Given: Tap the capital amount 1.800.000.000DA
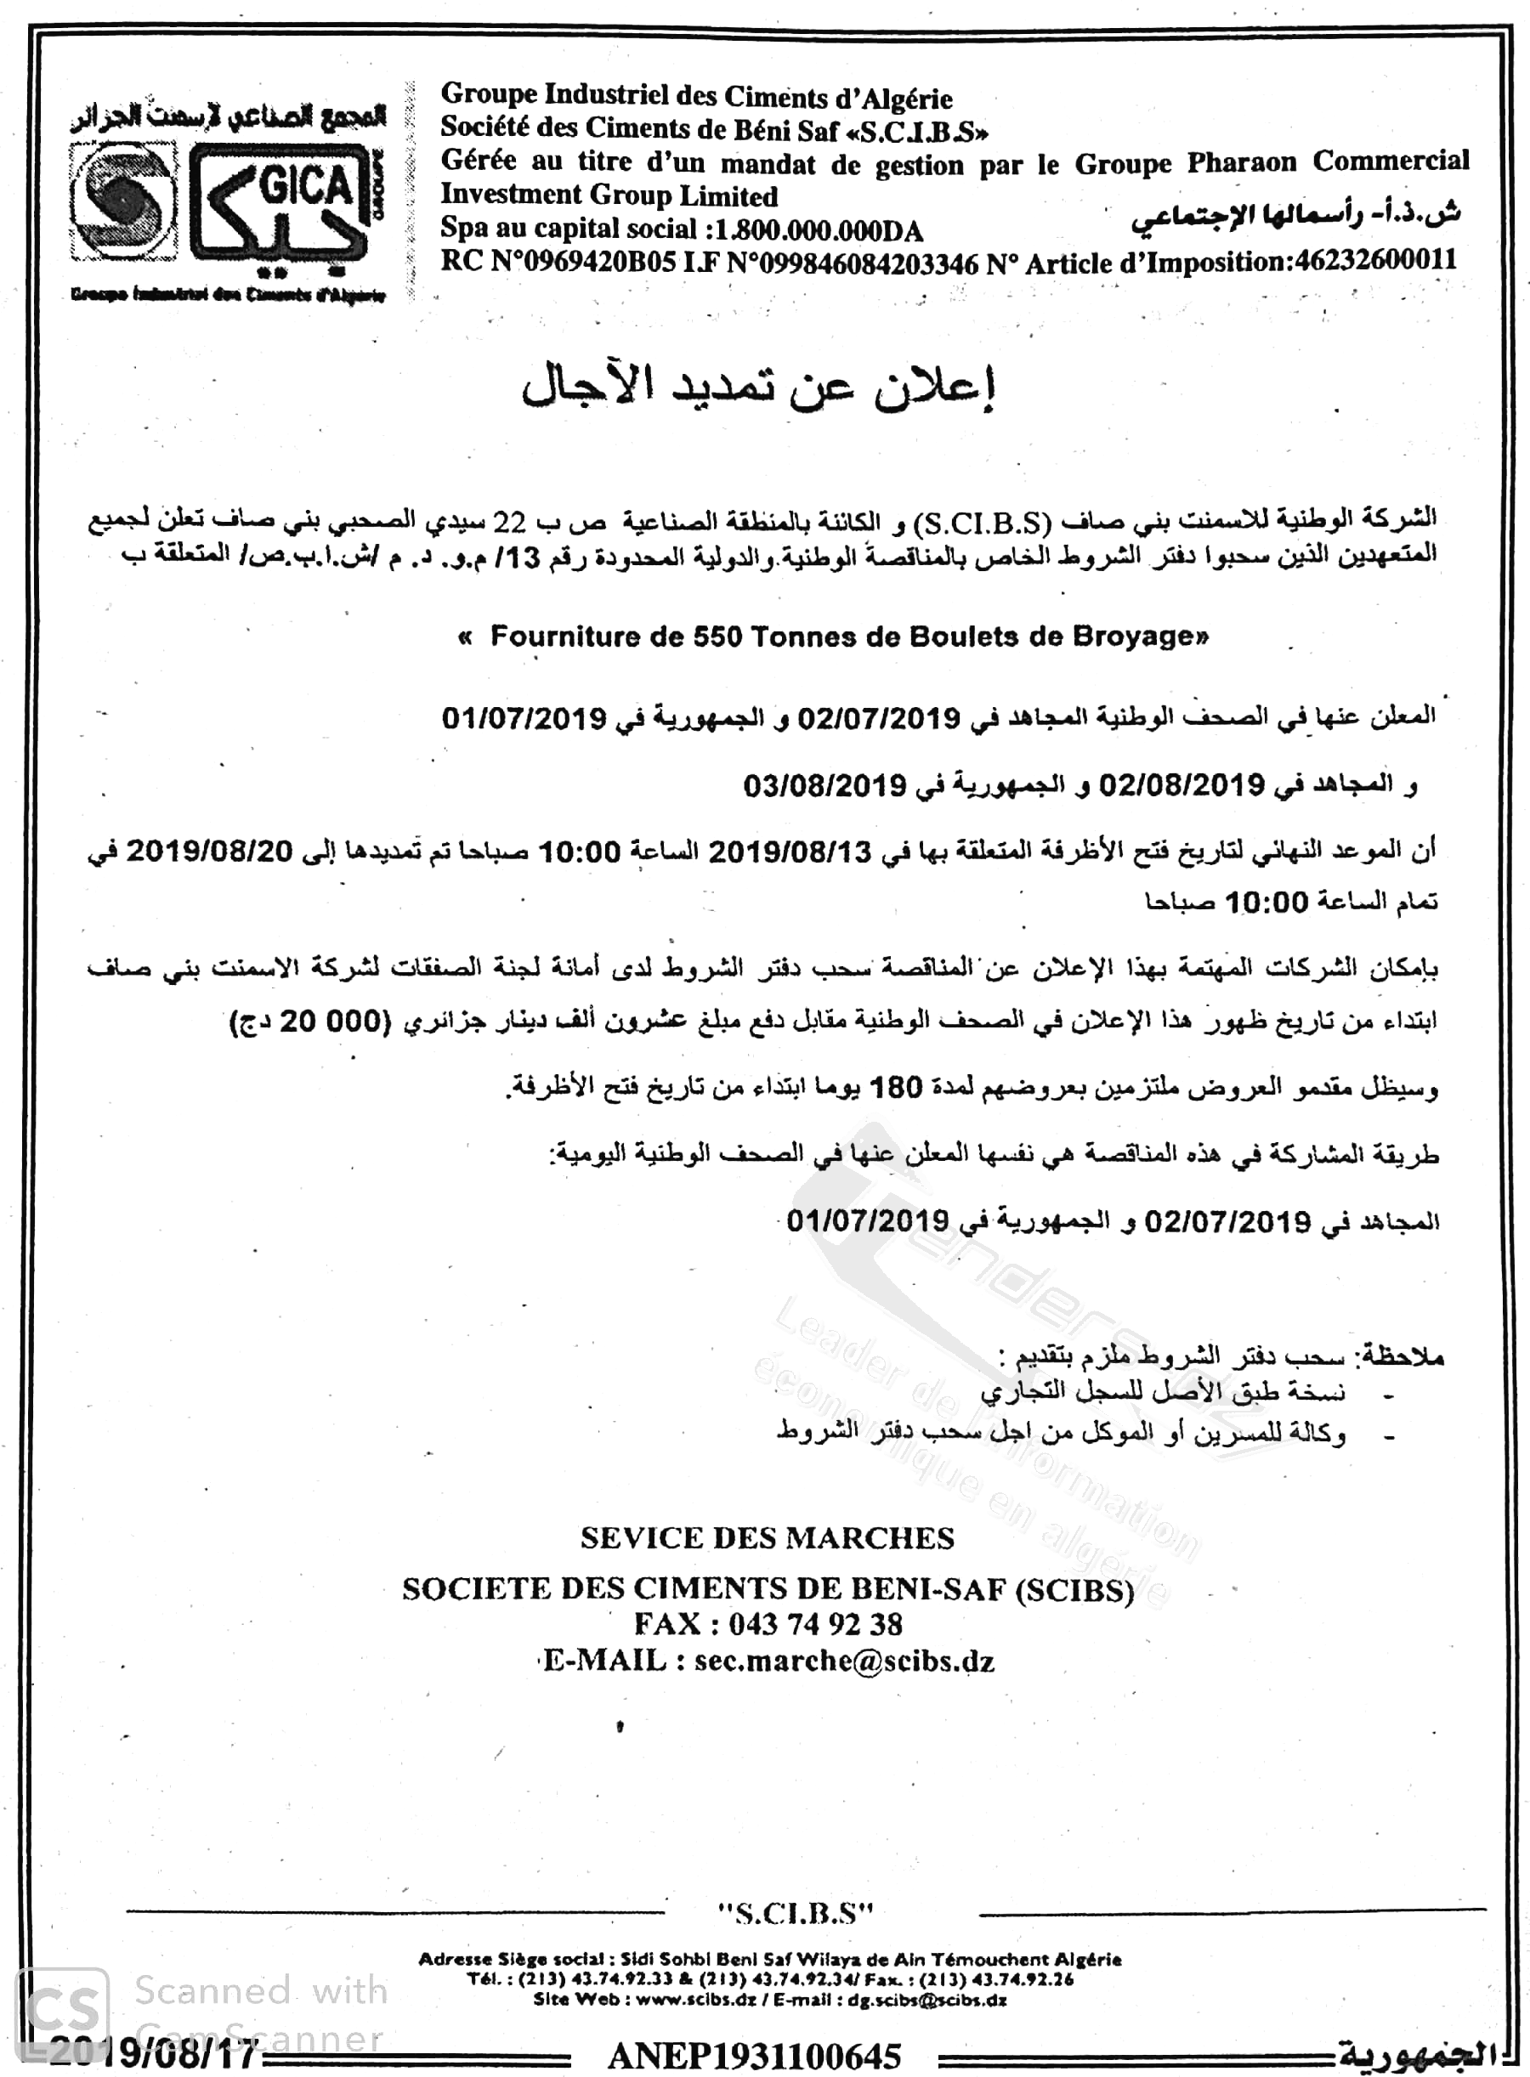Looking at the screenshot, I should (x=814, y=229).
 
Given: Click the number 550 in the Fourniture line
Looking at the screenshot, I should (x=717, y=637).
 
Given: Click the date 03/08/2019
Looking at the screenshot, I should (x=824, y=786).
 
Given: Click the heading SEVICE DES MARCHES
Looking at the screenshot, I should (x=767, y=1539).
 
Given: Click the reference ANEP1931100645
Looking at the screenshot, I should (x=754, y=2057).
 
